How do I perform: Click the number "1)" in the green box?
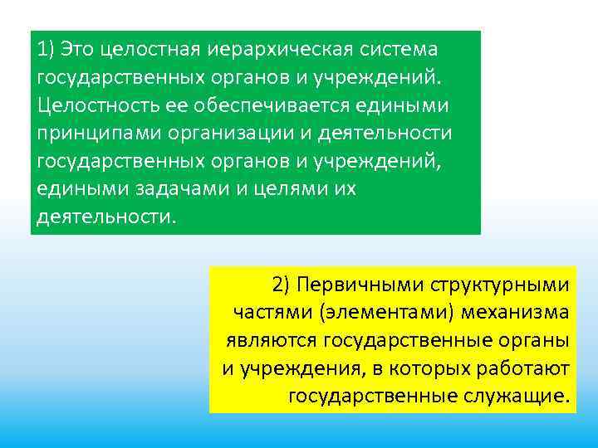click(47, 49)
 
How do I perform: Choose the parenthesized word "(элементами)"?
click(368, 313)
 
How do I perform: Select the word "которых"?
click(429, 368)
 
